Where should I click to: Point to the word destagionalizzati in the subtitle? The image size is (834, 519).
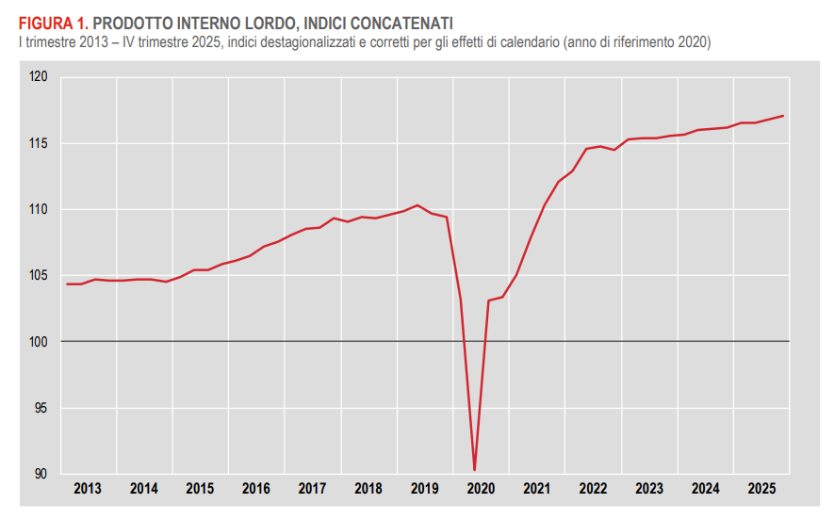click(298, 42)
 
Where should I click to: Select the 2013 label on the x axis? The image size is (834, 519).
click(88, 489)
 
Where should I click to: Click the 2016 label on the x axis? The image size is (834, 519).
click(256, 489)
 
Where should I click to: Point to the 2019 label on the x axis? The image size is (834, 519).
click(424, 489)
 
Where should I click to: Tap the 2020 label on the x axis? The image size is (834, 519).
click(481, 489)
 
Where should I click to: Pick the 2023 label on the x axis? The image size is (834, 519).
click(649, 489)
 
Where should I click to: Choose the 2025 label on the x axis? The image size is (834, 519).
click(761, 489)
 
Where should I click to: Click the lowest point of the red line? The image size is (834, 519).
click(474, 469)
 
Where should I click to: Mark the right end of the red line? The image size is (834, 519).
click(783, 116)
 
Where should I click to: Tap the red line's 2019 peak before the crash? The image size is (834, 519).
click(417, 205)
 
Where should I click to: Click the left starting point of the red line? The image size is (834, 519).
click(67, 284)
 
